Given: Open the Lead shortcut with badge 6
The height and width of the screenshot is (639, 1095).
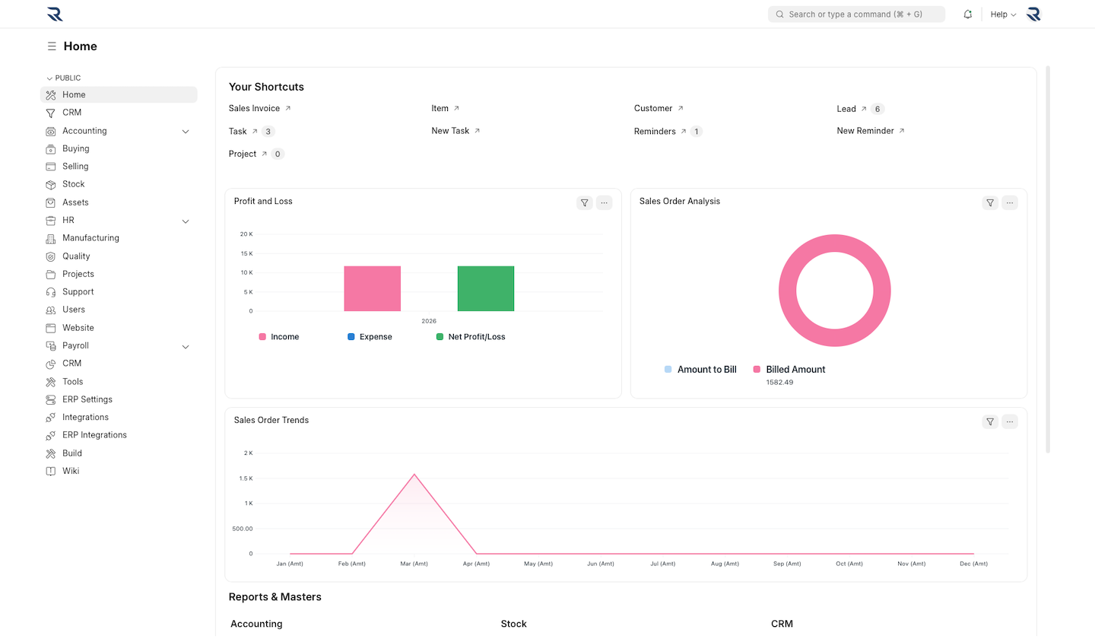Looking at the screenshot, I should click(846, 109).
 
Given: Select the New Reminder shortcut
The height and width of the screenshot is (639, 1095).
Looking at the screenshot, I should click(865, 131).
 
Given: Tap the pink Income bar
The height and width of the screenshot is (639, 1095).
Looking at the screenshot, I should click(372, 289).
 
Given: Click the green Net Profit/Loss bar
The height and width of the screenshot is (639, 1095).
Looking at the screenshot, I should click(486, 289).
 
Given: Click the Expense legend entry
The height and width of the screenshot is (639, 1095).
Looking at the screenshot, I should click(375, 336).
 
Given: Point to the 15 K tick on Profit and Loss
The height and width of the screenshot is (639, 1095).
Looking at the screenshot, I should click(246, 253).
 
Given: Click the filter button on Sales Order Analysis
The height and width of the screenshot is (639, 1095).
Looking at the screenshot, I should click(989, 202).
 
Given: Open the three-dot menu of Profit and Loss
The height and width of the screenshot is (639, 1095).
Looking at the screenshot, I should click(604, 202).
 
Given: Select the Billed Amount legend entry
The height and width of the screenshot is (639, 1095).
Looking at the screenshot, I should click(795, 369).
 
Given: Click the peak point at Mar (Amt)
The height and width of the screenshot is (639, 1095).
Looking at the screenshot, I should click(414, 474).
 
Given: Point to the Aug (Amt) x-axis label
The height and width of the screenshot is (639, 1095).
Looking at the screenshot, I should click(725, 564).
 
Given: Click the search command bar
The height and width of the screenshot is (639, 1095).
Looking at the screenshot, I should click(856, 14).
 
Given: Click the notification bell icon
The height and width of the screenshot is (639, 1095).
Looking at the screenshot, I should click(967, 14).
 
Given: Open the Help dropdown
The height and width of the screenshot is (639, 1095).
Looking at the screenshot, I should click(1002, 14).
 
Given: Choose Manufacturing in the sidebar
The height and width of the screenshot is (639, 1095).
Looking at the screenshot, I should click(90, 238).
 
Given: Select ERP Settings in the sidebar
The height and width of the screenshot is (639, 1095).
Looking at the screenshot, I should click(87, 399).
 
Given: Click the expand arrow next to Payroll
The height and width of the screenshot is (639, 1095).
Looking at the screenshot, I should click(186, 346).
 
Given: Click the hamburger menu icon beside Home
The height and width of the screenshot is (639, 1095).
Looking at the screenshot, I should click(52, 46).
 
